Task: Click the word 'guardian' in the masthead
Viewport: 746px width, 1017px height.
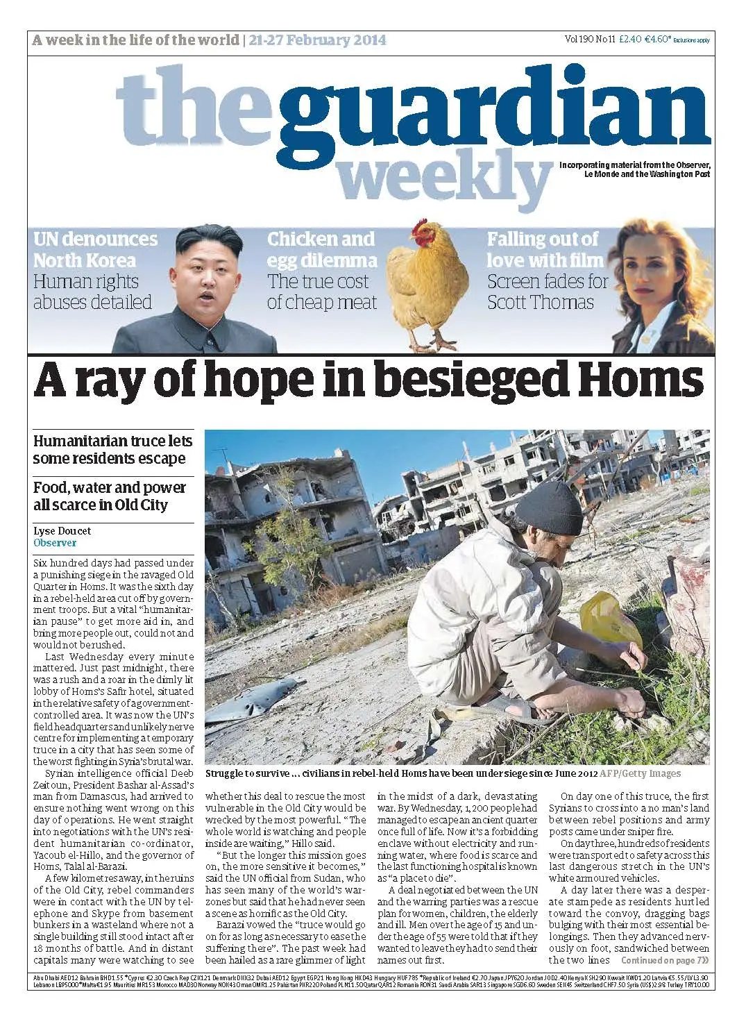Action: coord(493,115)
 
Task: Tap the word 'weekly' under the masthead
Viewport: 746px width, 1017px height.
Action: coord(444,177)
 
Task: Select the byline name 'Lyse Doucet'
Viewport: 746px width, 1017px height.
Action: coord(62,531)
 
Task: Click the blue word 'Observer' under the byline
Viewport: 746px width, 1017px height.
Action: coord(55,543)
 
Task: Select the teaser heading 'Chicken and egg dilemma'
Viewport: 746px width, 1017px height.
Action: coord(321,250)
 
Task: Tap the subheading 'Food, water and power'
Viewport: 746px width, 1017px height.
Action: coord(110,487)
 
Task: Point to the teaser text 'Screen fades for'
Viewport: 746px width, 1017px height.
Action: coord(547,282)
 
